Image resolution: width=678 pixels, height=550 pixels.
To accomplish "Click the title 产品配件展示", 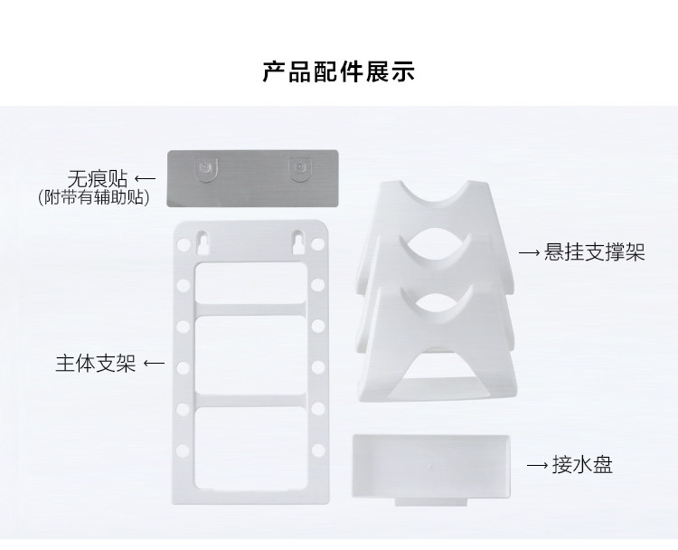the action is point(338,72).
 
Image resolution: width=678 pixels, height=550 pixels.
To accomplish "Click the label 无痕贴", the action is point(97,176).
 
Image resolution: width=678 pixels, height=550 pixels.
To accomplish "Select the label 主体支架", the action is point(95,364).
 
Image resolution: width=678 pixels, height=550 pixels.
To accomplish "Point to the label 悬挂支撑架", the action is point(594,252).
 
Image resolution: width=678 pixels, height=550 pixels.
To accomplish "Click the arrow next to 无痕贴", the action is point(145,176).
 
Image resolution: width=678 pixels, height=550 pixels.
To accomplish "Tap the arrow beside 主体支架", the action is point(154,364).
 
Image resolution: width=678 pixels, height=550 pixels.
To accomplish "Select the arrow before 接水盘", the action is point(539,466).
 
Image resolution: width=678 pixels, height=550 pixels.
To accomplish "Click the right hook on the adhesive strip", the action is point(298,166).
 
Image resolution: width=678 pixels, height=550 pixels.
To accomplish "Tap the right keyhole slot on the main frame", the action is point(296,242).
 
